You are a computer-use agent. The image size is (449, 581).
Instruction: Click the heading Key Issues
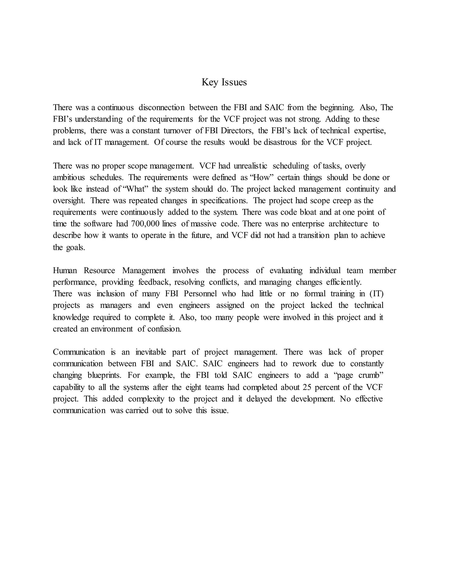click(224, 82)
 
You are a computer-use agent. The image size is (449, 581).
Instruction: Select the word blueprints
click(104, 375)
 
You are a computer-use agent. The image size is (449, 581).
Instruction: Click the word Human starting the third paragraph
click(65, 271)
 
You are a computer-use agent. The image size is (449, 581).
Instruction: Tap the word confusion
click(164, 329)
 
